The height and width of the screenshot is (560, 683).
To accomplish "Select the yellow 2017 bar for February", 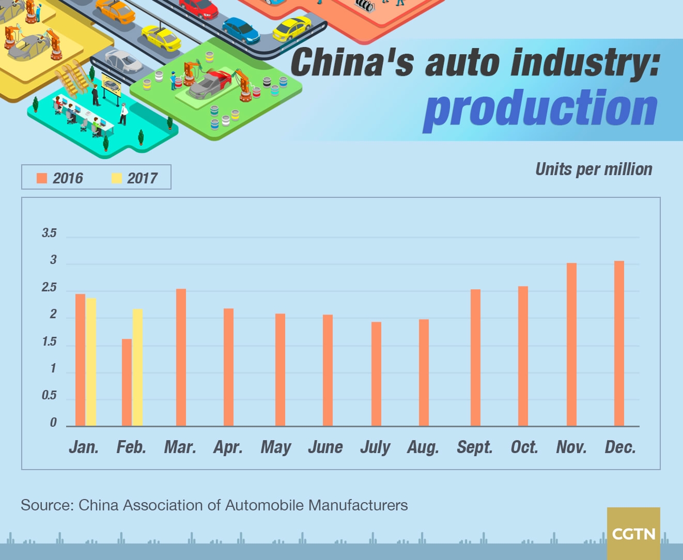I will [137, 367].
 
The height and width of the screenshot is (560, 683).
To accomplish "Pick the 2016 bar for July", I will [376, 374].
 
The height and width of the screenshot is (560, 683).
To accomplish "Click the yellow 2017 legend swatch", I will [116, 178].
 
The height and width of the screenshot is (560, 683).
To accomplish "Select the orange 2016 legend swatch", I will [42, 178].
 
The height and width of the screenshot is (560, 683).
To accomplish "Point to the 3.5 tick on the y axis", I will [49, 233].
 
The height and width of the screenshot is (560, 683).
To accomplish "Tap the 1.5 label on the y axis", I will [49, 342].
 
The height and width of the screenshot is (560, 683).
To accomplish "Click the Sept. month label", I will [474, 447].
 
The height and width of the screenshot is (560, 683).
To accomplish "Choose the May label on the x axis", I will [276, 447].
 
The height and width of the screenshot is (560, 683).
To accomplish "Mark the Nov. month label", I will [571, 447].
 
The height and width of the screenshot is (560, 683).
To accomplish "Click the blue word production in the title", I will [540, 109].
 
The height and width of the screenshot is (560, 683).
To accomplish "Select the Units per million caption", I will [594, 169].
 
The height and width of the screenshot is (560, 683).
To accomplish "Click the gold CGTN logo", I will [633, 533].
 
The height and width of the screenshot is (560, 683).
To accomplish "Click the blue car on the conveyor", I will [241, 30].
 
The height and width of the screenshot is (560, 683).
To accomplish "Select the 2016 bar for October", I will [523, 356].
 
